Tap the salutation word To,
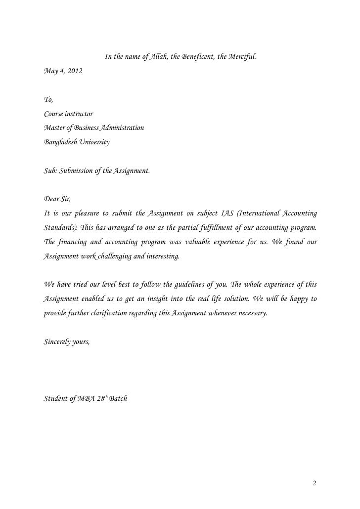coord(48,100)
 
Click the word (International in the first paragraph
coord(258,213)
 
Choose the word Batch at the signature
coord(117,399)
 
